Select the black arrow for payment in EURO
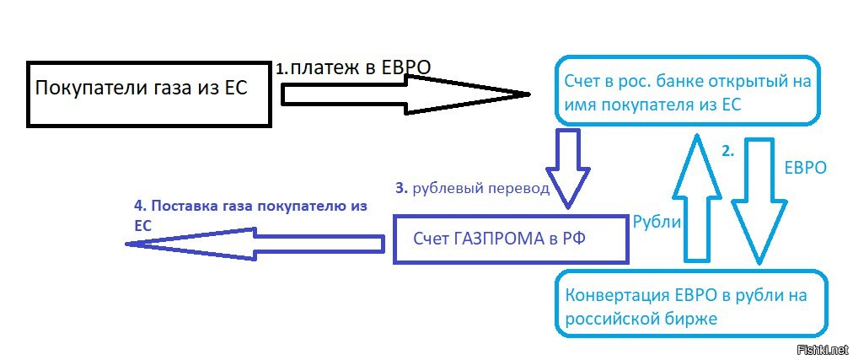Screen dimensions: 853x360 click(405, 94)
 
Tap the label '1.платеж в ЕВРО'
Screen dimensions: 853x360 click(353, 68)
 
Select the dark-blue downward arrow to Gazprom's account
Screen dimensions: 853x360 click(568, 168)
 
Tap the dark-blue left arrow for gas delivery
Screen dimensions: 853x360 click(255, 244)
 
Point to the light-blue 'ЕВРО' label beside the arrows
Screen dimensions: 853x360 click(806, 168)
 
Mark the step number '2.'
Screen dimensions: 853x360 click(728, 153)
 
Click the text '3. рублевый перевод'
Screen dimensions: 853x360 click(473, 189)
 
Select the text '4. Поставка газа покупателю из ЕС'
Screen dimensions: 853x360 click(250, 216)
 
